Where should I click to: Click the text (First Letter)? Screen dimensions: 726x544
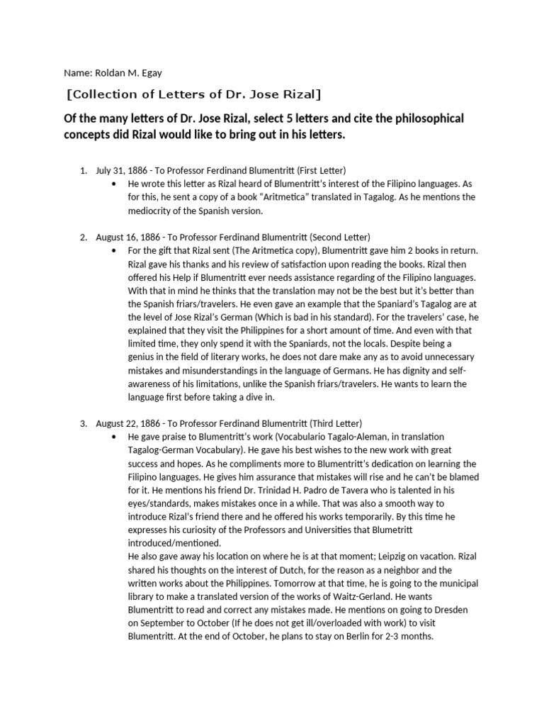pos(321,171)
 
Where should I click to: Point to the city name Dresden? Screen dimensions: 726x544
pos(444,610)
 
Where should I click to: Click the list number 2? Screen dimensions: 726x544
pos(83,236)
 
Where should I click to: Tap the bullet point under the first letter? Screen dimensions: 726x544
pos(115,184)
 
